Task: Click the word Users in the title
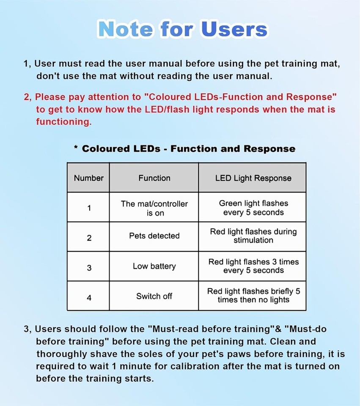point(234,29)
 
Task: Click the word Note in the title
point(125,29)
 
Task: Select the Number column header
point(88,178)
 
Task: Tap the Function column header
point(154,178)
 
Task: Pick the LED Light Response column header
point(253,178)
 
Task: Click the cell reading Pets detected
point(154,236)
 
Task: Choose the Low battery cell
point(154,266)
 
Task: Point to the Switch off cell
point(154,296)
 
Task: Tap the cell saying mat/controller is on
point(154,208)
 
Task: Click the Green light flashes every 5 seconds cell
point(253,208)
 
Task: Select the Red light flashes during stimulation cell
point(253,236)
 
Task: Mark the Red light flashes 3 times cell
point(253,266)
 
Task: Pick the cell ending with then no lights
point(253,296)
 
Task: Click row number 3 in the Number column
point(89,268)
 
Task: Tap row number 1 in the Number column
point(89,208)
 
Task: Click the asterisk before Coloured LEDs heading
point(76,148)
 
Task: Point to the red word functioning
point(63,122)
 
